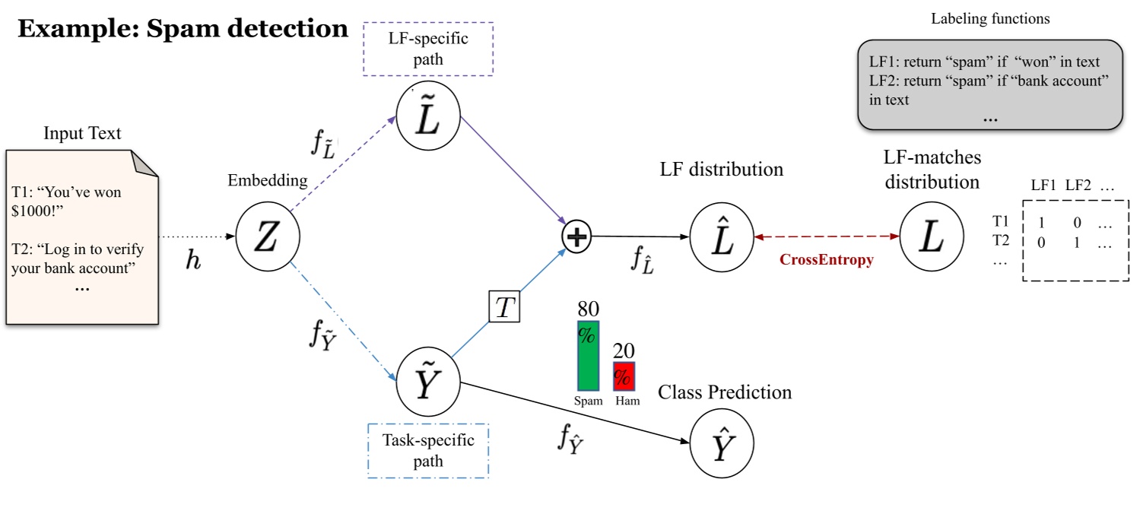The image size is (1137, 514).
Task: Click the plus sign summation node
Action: pyautogui.click(x=576, y=237)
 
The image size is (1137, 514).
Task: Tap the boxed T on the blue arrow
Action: pyautogui.click(x=504, y=307)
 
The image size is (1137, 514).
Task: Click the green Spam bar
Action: pyautogui.click(x=588, y=355)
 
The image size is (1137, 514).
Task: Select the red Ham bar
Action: pyautogui.click(x=624, y=376)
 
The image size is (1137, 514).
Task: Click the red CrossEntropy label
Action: pyautogui.click(x=826, y=260)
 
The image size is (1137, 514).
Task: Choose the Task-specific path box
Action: pyautogui.click(x=428, y=450)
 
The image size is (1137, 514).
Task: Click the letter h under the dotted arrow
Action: pyautogui.click(x=195, y=260)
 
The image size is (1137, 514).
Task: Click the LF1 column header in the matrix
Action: pyautogui.click(x=1043, y=185)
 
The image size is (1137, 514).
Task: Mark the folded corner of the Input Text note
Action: pyautogui.click(x=145, y=162)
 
